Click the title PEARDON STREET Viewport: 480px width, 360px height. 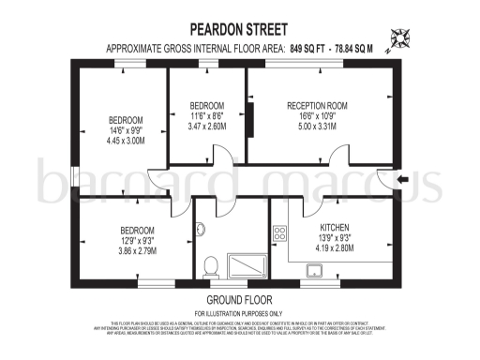pyautogui.click(x=239, y=29)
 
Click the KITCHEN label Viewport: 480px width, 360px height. pyautogui.click(x=334, y=228)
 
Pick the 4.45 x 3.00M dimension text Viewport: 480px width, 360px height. pyautogui.click(x=126, y=142)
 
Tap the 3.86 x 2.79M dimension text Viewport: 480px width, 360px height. pyautogui.click(x=138, y=251)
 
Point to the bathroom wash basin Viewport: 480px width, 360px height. pyautogui.click(x=201, y=229)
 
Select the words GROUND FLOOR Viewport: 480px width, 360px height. pyautogui.click(x=239, y=300)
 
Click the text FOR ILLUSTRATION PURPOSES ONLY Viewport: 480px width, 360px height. pyautogui.click(x=239, y=312)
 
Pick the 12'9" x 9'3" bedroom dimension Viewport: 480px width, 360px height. pyautogui.click(x=138, y=240)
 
